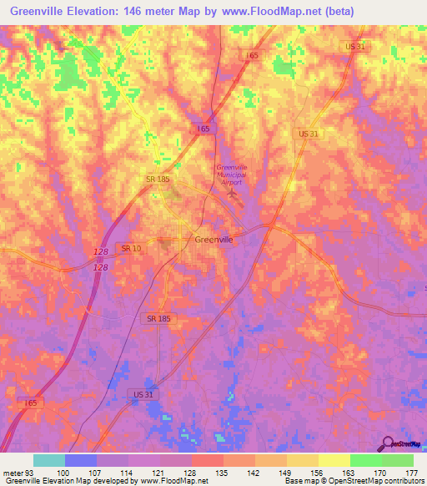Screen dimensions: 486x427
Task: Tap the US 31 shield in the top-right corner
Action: click(x=355, y=47)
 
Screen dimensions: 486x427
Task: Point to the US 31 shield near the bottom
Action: click(x=143, y=393)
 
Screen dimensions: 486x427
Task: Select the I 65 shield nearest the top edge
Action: click(x=252, y=55)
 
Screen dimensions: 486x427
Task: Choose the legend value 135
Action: click(x=223, y=472)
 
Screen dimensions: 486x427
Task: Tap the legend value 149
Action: click(x=286, y=472)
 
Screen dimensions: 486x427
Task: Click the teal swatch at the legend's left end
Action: click(x=49, y=460)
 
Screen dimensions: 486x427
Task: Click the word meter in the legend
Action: click(x=13, y=472)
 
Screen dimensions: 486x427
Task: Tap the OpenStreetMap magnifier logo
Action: click(x=388, y=443)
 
